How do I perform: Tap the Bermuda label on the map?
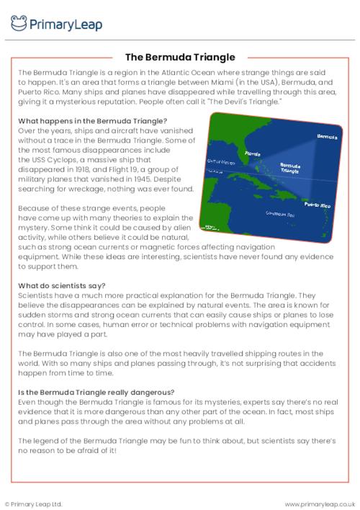(328, 136)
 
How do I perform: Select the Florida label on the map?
(253, 153)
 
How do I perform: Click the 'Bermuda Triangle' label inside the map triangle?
(290, 168)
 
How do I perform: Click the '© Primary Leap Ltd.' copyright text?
(34, 504)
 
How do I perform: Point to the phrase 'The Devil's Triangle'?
(241, 102)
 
